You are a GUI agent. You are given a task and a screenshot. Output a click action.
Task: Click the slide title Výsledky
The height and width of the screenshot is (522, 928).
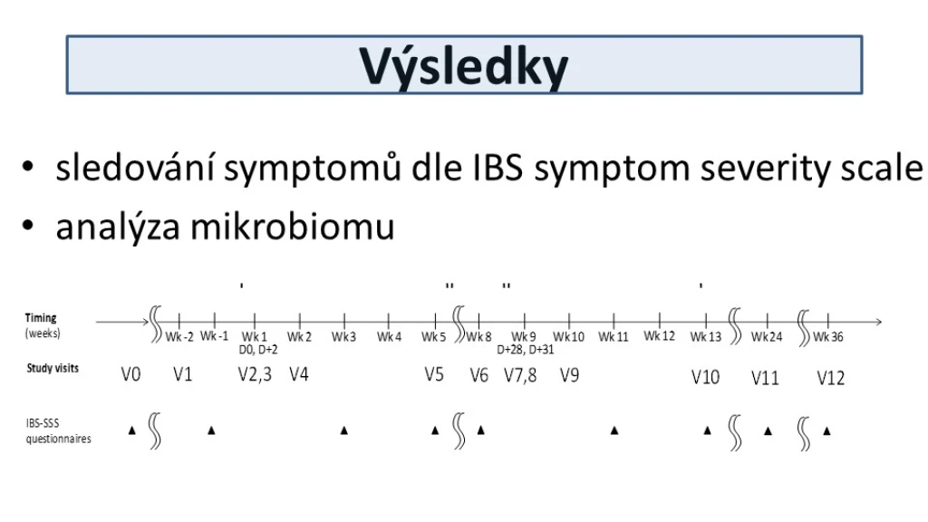coord(463,67)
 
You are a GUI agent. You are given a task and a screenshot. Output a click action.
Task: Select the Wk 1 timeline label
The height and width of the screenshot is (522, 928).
coord(255,337)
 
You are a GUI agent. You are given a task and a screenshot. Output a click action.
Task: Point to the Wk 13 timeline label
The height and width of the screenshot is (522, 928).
coord(705,337)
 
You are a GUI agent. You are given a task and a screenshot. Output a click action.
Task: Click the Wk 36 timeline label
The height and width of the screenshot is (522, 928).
coord(828,337)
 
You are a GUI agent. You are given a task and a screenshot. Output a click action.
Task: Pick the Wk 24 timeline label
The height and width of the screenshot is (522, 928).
coord(767,337)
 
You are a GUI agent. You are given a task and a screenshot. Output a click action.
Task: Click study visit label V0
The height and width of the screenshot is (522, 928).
coord(130,374)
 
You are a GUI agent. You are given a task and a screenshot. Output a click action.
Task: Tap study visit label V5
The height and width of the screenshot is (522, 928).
coord(434,374)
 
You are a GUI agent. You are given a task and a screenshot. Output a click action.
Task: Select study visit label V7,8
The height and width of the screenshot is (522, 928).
coord(520,375)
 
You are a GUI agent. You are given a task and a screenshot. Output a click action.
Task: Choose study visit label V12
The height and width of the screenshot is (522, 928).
coord(830,378)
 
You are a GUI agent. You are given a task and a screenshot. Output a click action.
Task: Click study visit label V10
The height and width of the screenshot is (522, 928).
coord(705,377)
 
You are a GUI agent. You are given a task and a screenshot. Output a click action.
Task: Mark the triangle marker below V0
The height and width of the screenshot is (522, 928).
coord(132,430)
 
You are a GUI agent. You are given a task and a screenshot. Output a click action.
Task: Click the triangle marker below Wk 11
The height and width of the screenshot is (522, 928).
coord(614,430)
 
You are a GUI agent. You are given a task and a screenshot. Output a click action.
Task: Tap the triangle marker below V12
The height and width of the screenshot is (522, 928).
coord(826,430)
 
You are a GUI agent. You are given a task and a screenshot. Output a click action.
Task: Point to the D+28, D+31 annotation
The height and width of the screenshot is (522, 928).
coord(526,350)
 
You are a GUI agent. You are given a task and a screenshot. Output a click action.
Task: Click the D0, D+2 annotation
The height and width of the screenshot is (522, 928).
coord(258,350)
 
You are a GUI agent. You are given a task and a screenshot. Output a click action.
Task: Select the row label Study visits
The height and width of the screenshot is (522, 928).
coord(53,368)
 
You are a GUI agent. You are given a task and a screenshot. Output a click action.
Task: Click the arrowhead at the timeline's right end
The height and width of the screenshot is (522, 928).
coord(879,322)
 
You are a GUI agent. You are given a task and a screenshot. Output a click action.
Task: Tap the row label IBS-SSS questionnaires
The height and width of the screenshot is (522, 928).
coord(58,430)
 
